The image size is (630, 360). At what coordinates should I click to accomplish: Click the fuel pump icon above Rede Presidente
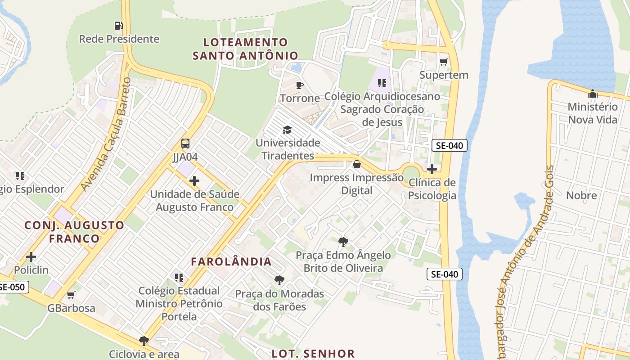point(118,26)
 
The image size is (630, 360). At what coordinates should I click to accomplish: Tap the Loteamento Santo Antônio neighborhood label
point(245,49)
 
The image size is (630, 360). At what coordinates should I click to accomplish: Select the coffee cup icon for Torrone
point(300,85)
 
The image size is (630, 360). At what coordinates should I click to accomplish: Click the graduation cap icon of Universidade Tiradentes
point(287,130)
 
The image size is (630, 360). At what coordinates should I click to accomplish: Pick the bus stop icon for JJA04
point(185,144)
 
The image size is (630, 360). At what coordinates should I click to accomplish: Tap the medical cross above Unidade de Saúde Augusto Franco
point(194,181)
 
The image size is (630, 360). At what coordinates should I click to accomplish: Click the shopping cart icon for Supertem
point(444,62)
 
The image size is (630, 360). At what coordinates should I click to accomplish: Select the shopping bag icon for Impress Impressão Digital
point(357,164)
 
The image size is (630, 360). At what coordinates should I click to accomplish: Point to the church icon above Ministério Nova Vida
point(593,94)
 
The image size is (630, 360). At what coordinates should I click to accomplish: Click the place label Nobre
point(581,195)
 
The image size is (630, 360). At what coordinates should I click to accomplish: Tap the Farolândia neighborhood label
point(231,261)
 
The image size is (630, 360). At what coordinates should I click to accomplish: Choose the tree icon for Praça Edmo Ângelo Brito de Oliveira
point(343,242)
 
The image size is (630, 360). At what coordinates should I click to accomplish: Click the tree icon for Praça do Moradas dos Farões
point(279,280)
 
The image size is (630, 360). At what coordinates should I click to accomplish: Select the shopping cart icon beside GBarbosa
point(71,295)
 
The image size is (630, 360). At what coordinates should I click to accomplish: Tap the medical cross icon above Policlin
point(31,257)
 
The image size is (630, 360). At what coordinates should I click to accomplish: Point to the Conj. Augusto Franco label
point(74,231)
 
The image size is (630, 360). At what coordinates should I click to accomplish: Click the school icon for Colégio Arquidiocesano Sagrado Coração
point(382,83)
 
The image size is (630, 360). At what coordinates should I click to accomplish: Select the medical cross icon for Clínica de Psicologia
point(432,169)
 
